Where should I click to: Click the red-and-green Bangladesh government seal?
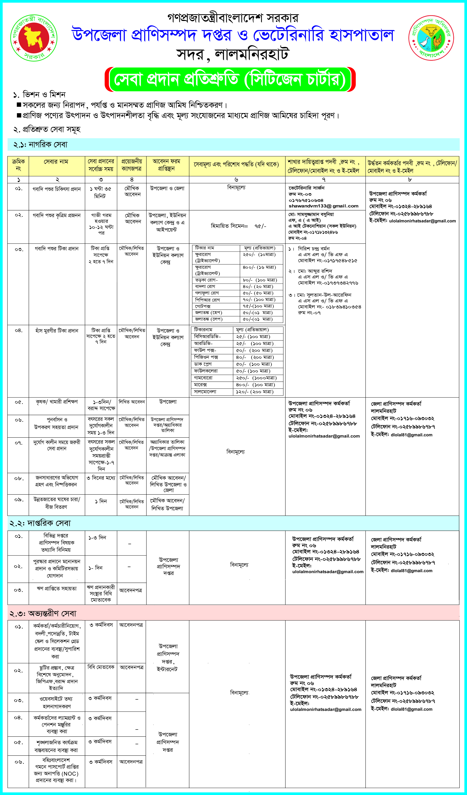pyautogui.click(x=34, y=38)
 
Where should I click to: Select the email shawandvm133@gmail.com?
pyautogui.click(x=323, y=206)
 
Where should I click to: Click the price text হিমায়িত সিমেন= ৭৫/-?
pyautogui.click(x=238, y=226)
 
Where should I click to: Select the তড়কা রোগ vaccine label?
pyautogui.click(x=206, y=280)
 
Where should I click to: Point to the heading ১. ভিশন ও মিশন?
pyautogui.click(x=39, y=95)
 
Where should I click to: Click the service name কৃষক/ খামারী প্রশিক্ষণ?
pyautogui.click(x=57, y=402)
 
